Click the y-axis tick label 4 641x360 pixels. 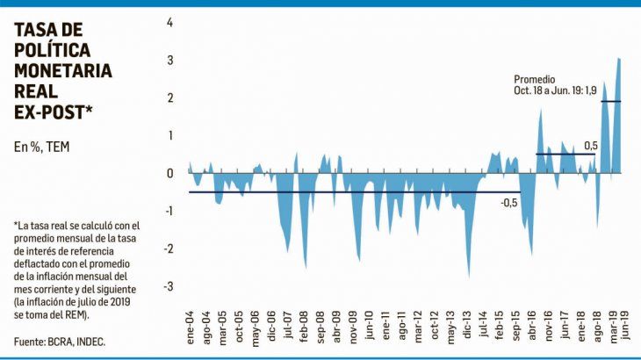(170, 22)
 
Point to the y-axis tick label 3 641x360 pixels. (170, 61)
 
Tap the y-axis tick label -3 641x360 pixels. (169, 287)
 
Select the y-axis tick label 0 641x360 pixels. (170, 174)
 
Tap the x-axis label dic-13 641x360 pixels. (466, 327)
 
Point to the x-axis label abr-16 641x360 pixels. (531, 327)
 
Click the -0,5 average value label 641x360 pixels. (510, 203)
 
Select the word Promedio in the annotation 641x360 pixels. (535, 78)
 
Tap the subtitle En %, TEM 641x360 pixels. (41, 147)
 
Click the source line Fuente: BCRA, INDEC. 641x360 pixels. (60, 341)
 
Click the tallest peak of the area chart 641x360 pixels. (619, 59)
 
